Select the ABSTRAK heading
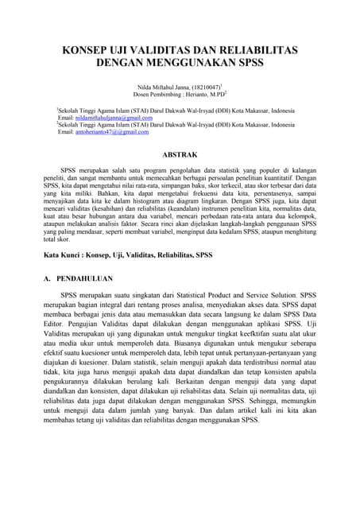point(180,153)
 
